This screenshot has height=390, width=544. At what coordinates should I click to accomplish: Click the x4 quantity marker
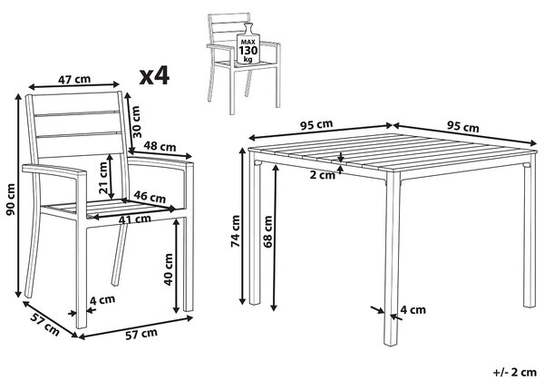[x=154, y=76]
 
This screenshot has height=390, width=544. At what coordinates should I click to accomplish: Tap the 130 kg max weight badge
[x=248, y=44]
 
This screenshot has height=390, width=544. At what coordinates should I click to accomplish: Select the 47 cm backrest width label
[x=74, y=80]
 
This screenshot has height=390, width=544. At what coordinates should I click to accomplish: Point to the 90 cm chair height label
[x=11, y=199]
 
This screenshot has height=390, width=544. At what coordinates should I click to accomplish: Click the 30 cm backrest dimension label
[x=136, y=122]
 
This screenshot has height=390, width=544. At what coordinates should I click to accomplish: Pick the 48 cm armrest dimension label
[x=160, y=146]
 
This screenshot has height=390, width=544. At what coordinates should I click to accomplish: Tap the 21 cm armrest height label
[x=103, y=178]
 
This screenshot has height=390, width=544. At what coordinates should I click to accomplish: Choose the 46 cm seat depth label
[x=150, y=197]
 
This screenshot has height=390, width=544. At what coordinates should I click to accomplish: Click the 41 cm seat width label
[x=134, y=219]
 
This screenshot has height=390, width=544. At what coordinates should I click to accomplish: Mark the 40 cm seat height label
[x=169, y=269]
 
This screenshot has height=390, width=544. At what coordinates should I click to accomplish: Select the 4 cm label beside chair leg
[x=102, y=299]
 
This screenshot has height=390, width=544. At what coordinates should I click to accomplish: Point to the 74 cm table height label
[x=236, y=230]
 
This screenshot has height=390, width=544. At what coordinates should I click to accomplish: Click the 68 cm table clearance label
[x=267, y=232]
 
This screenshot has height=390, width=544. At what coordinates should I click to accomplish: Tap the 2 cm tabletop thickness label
[x=323, y=175]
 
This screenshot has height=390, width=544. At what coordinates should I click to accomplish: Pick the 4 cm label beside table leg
[x=413, y=309]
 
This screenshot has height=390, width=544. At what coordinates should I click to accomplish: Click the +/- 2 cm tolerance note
[x=515, y=372]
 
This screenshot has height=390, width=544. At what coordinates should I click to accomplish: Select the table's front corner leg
[x=393, y=258]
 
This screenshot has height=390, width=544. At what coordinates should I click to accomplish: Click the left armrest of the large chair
[x=54, y=171]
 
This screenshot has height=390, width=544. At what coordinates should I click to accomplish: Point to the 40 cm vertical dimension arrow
[x=177, y=266]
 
